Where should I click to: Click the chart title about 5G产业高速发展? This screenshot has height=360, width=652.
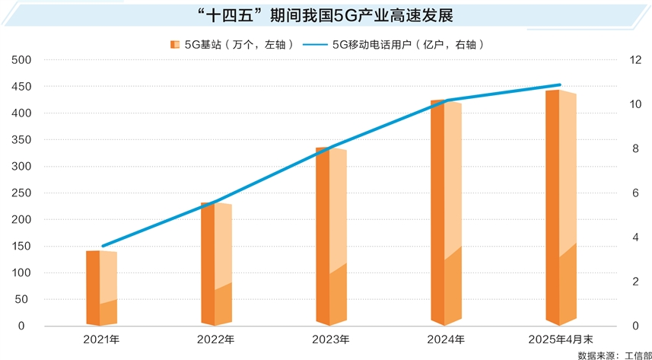click(325, 15)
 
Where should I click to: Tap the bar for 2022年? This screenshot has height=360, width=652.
click(216, 263)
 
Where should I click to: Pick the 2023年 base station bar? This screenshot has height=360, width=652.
click(331, 237)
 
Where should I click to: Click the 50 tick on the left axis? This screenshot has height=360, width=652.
click(23, 300)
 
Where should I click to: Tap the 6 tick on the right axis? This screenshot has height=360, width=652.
click(631, 193)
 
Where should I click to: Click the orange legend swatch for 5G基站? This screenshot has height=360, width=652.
click(175, 45)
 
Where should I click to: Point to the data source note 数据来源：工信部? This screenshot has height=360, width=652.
click(609, 354)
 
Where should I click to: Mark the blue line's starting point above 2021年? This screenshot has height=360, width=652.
click(103, 246)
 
